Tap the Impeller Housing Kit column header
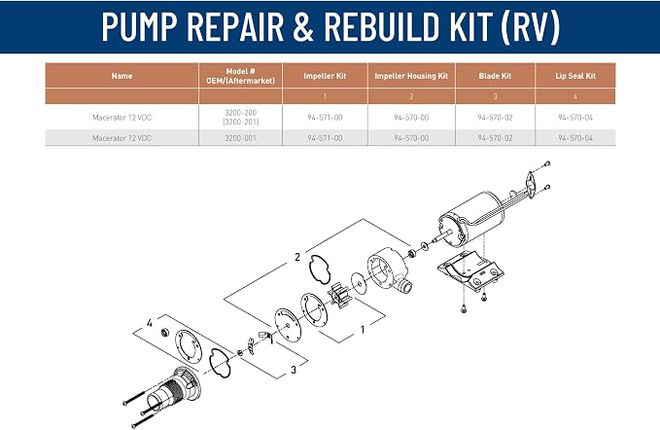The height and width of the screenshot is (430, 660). pos(411,76)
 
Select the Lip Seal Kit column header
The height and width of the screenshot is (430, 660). pos(575,76)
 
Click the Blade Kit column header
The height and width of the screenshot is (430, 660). pos(495,76)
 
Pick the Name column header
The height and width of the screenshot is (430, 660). pos(122,76)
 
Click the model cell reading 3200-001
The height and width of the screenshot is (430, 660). pos(240,138)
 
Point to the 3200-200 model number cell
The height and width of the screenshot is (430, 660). pos(240,113)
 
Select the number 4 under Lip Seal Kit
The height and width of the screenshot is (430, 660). pos(575,96)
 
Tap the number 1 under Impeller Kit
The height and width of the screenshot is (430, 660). pos(325,96)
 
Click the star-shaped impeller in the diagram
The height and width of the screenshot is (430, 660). pos(339,296)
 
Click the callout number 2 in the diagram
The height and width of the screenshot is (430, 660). pos(297,257)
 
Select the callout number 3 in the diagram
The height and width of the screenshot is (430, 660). pos(294,370)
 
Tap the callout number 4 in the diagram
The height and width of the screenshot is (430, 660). pos(150,323)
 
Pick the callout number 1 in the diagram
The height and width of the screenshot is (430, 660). pos(363,330)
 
